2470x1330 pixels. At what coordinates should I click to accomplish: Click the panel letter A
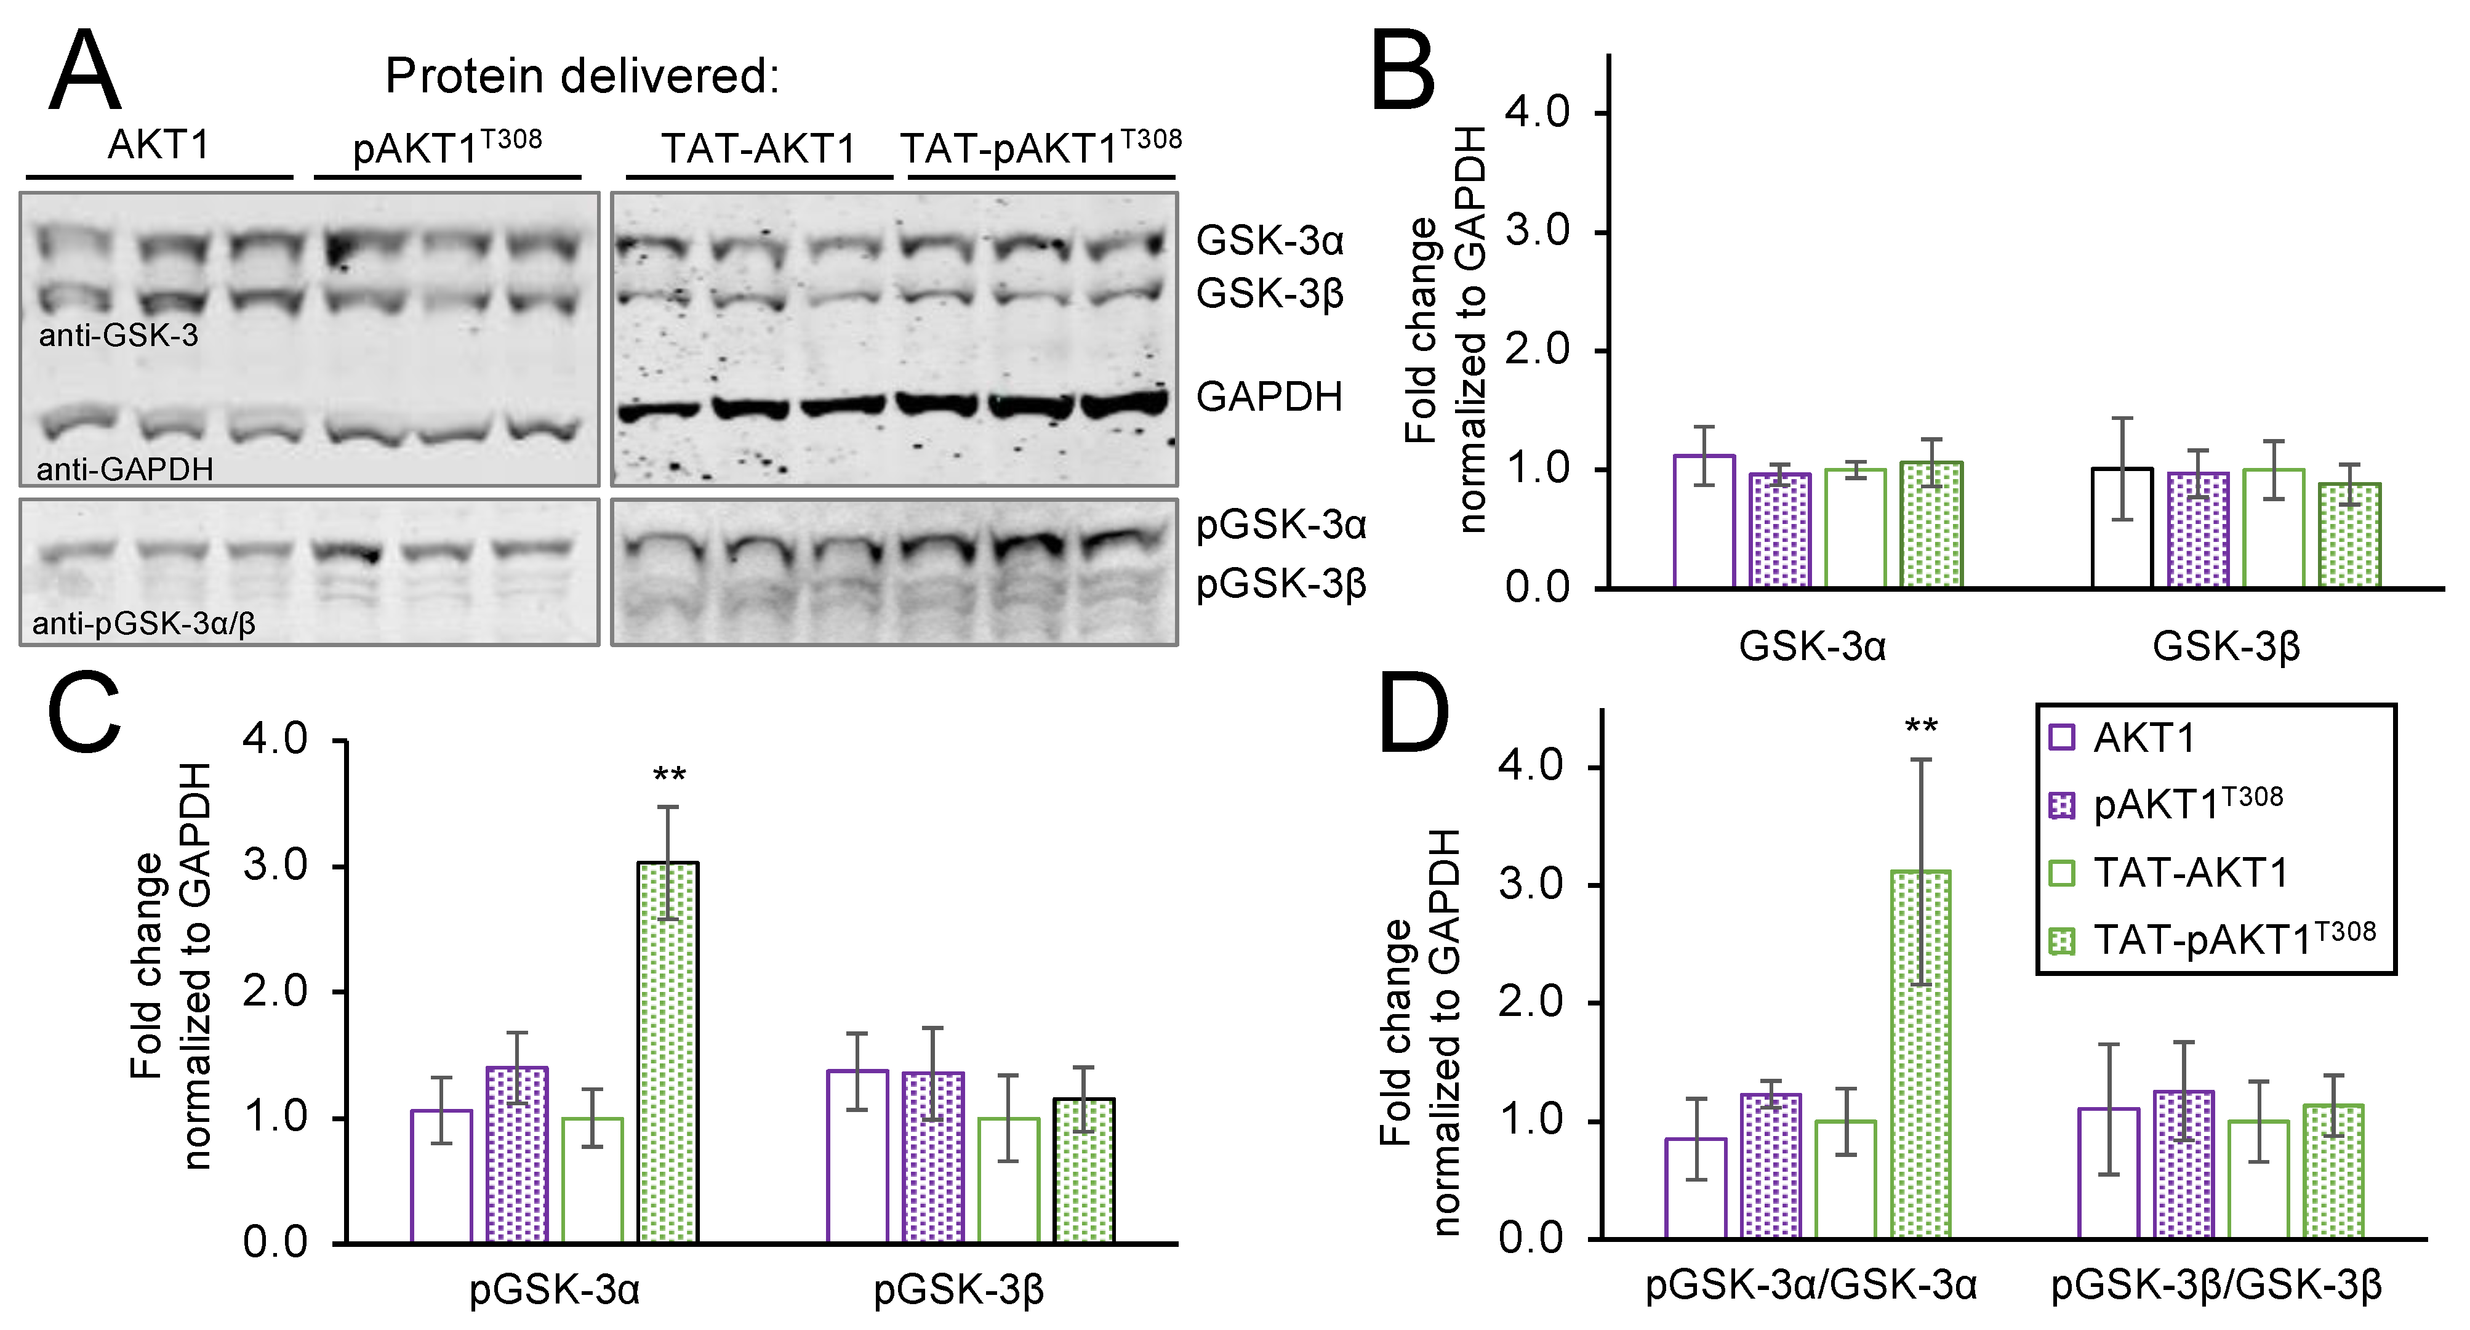(84, 72)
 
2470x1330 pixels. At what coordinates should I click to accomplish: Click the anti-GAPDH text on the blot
(125, 469)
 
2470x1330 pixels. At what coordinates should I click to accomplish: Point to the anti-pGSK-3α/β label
(144, 624)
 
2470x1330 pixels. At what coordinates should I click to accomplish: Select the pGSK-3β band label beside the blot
(1281, 584)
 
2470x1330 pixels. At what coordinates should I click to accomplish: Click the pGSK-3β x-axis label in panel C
(958, 1291)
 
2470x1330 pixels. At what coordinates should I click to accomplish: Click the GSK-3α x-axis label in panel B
(1812, 647)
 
